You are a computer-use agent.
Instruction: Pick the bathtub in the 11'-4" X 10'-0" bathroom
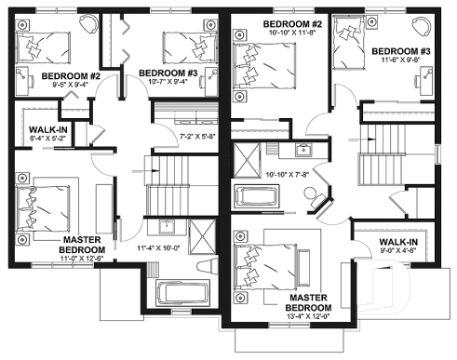185,293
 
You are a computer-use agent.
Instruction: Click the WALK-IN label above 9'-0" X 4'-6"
398,241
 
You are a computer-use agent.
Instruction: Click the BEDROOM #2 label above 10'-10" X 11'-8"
291,23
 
